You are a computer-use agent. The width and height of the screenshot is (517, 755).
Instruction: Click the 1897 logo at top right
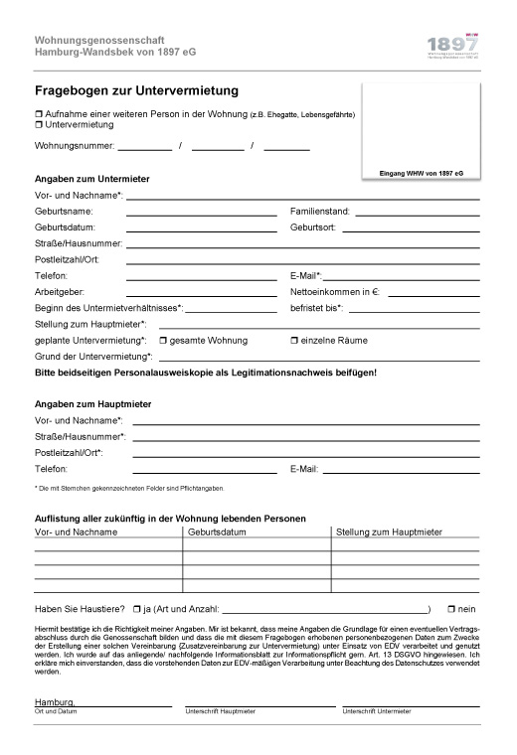click(x=451, y=46)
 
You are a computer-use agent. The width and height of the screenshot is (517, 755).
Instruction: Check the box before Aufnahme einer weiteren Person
click(x=38, y=114)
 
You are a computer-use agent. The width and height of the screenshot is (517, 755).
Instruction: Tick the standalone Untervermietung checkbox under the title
click(x=38, y=125)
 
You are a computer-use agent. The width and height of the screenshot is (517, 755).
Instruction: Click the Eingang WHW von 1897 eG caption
click(x=422, y=173)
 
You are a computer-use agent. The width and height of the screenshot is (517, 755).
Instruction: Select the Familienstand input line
click(x=417, y=214)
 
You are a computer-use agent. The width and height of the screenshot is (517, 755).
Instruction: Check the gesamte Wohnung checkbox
click(x=164, y=341)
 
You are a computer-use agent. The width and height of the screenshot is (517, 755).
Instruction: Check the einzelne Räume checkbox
click(x=293, y=341)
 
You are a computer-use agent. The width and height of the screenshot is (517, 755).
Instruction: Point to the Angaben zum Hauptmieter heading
click(x=92, y=403)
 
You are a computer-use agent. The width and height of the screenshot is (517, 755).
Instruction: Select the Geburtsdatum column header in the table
click(x=216, y=532)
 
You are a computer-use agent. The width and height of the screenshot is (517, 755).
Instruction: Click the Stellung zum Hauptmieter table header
click(x=389, y=532)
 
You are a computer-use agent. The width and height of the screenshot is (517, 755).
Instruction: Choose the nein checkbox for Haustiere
click(x=451, y=609)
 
